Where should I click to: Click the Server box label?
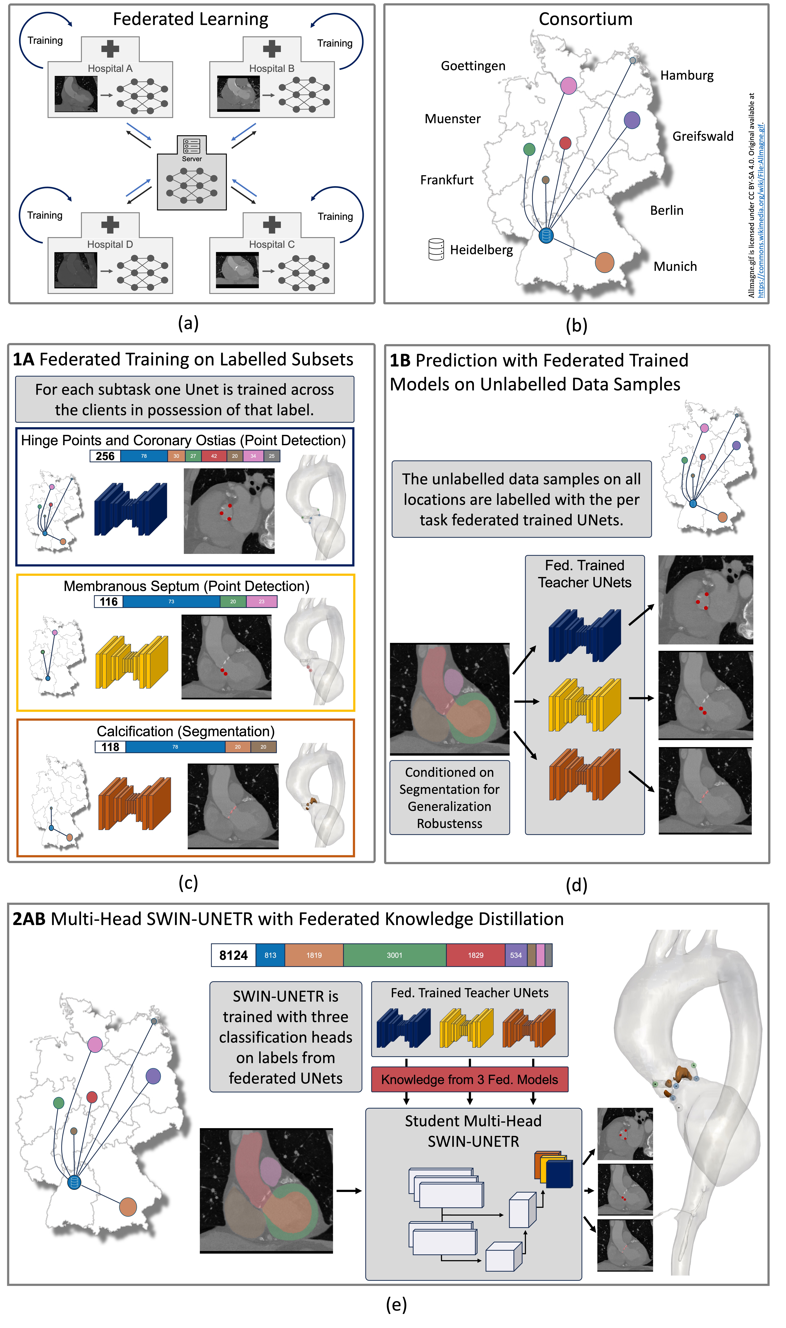click(192, 159)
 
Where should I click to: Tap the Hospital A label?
click(110, 69)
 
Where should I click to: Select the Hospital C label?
click(272, 245)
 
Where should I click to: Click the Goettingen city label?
click(473, 66)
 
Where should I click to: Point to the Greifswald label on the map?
click(703, 137)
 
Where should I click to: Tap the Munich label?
click(675, 267)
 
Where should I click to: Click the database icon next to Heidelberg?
click(436, 250)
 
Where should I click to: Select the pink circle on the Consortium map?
click(568, 85)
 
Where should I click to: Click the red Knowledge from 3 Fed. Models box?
click(469, 1079)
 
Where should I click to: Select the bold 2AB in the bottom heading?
click(29, 919)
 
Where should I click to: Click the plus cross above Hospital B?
click(272, 49)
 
